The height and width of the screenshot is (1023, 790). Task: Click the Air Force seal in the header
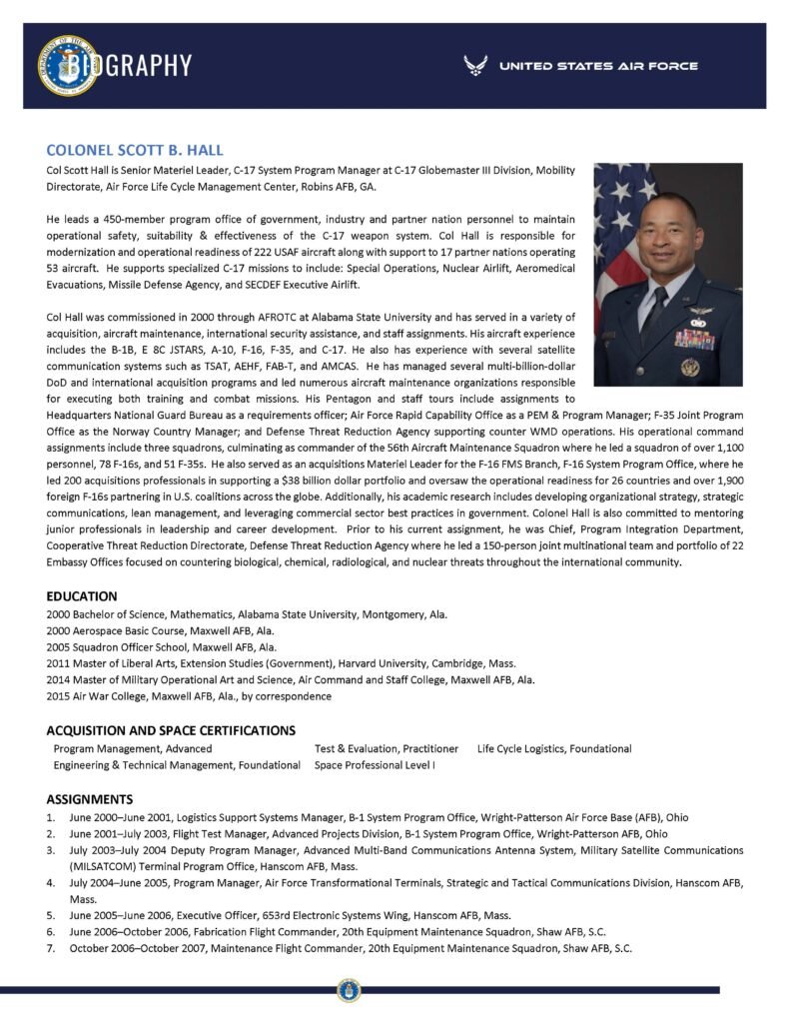(x=67, y=66)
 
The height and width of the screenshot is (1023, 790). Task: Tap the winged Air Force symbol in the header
(x=475, y=66)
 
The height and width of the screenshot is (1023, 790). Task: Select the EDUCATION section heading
(x=83, y=596)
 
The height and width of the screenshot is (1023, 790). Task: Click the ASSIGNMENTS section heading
(x=90, y=799)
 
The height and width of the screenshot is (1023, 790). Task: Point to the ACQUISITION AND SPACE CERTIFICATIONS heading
(x=171, y=730)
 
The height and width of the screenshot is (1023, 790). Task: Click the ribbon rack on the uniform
(x=693, y=339)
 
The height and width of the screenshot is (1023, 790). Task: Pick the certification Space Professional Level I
(x=375, y=764)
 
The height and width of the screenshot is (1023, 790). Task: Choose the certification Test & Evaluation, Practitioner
(x=387, y=748)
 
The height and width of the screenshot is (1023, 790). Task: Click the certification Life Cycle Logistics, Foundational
(x=554, y=748)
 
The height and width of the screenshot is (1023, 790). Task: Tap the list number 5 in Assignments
(x=50, y=914)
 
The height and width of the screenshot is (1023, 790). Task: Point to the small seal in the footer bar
(x=349, y=991)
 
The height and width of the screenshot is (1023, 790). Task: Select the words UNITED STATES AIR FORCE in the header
(x=598, y=67)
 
